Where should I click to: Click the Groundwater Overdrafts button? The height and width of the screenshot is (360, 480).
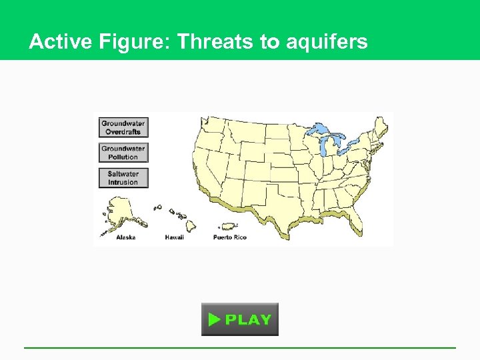(123, 127)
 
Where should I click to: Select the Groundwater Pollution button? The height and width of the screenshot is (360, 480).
(123, 153)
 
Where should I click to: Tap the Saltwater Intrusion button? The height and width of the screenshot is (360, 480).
(123, 178)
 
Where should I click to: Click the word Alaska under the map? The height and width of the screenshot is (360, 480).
(126, 237)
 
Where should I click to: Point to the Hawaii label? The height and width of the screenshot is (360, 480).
(174, 237)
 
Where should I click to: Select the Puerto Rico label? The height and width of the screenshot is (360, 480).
(229, 237)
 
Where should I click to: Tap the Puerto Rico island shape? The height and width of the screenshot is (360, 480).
(229, 227)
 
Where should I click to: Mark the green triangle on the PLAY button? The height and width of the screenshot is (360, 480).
(213, 319)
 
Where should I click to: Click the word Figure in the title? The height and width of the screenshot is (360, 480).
(136, 42)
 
